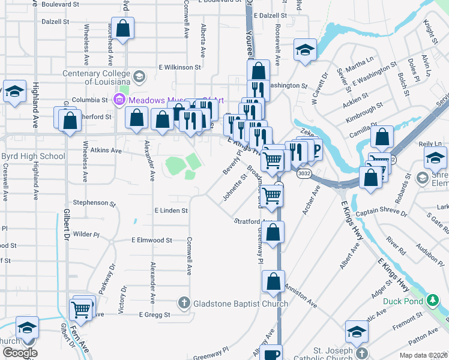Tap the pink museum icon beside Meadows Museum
[118, 100]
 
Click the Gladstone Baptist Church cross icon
[184, 304]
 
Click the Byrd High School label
[34, 157]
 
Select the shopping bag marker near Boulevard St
[122, 29]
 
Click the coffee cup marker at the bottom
[273, 354]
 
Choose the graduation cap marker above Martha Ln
[305, 50]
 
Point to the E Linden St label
[171, 211]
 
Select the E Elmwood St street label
[152, 240]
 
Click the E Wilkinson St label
[180, 67]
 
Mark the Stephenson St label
[93, 203]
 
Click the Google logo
[20, 353]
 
